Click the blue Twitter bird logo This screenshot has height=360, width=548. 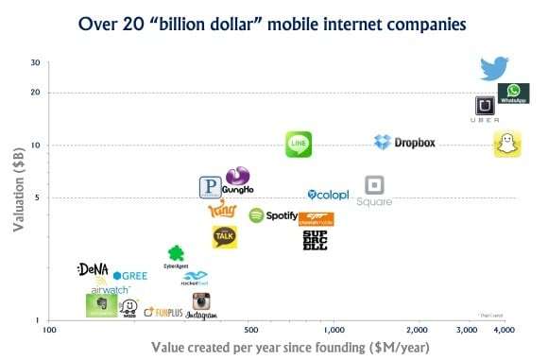click(494, 67)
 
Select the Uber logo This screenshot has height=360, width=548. click(485, 109)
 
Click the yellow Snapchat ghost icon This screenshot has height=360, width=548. click(507, 145)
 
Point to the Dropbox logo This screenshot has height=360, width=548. click(404, 143)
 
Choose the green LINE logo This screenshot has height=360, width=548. click(299, 144)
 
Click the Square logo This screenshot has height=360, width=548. click(374, 190)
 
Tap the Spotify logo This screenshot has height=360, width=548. click(273, 215)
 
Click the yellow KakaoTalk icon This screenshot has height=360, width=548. click(224, 236)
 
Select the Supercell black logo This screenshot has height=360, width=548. click(315, 240)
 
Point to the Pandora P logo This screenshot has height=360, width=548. click(211, 188)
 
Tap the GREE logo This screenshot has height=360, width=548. click(129, 276)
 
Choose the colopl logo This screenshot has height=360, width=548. click(328, 195)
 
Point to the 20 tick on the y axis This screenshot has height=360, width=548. click(34, 93)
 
